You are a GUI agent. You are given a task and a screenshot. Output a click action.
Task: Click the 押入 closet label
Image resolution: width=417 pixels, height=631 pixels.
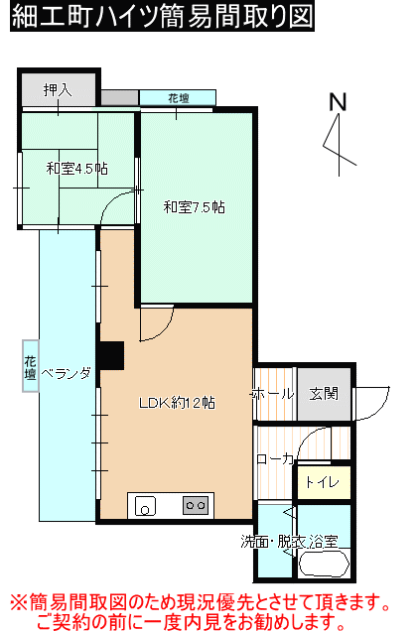pyautogui.click(x=58, y=89)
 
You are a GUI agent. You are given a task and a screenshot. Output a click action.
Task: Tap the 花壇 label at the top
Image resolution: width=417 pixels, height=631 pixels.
pyautogui.click(x=179, y=98)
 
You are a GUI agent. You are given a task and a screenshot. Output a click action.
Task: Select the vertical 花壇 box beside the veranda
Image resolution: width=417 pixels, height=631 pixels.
pyautogui.click(x=31, y=366)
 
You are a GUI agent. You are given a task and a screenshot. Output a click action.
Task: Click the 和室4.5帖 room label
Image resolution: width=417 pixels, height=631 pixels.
pyautogui.click(x=77, y=169)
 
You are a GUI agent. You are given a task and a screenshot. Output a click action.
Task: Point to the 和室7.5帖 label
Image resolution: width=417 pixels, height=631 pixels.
pyautogui.click(x=195, y=206)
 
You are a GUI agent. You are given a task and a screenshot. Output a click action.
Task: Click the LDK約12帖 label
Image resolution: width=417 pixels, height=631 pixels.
pyautogui.click(x=177, y=403)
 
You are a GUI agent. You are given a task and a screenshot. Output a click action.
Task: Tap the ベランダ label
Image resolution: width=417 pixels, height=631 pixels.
pyautogui.click(x=67, y=373)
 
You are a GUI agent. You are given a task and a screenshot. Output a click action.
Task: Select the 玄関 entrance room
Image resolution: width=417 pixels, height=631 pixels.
pyautogui.click(x=324, y=394)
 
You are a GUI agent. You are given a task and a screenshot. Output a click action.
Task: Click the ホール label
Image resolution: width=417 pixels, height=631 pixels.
pyautogui.click(x=273, y=394)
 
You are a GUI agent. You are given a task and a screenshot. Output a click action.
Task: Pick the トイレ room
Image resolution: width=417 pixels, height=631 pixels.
pyautogui.click(x=324, y=482)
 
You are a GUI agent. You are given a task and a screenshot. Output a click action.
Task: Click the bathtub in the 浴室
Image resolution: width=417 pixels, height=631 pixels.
pyautogui.click(x=324, y=564)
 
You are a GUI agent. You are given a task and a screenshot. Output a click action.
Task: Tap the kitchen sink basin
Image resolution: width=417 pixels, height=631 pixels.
pyautogui.click(x=145, y=506)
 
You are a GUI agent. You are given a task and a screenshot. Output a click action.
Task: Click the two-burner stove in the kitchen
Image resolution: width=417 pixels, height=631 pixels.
pyautogui.click(x=196, y=505)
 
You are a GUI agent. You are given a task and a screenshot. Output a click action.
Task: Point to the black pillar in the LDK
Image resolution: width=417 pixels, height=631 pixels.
pyautogui.click(x=111, y=356)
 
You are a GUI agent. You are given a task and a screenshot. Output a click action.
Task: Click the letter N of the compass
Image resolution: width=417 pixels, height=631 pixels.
pyautogui.click(x=338, y=102)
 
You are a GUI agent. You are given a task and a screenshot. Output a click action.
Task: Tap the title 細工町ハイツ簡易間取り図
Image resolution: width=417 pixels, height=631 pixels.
pyautogui.click(x=162, y=16)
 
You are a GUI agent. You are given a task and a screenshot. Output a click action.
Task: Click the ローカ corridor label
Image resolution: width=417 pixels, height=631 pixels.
pyautogui.click(x=275, y=458)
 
